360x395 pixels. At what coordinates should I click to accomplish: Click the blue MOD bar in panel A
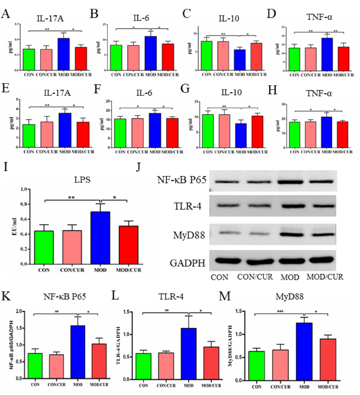click(x=64, y=54)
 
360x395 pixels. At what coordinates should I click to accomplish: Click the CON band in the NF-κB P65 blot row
click(x=223, y=182)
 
